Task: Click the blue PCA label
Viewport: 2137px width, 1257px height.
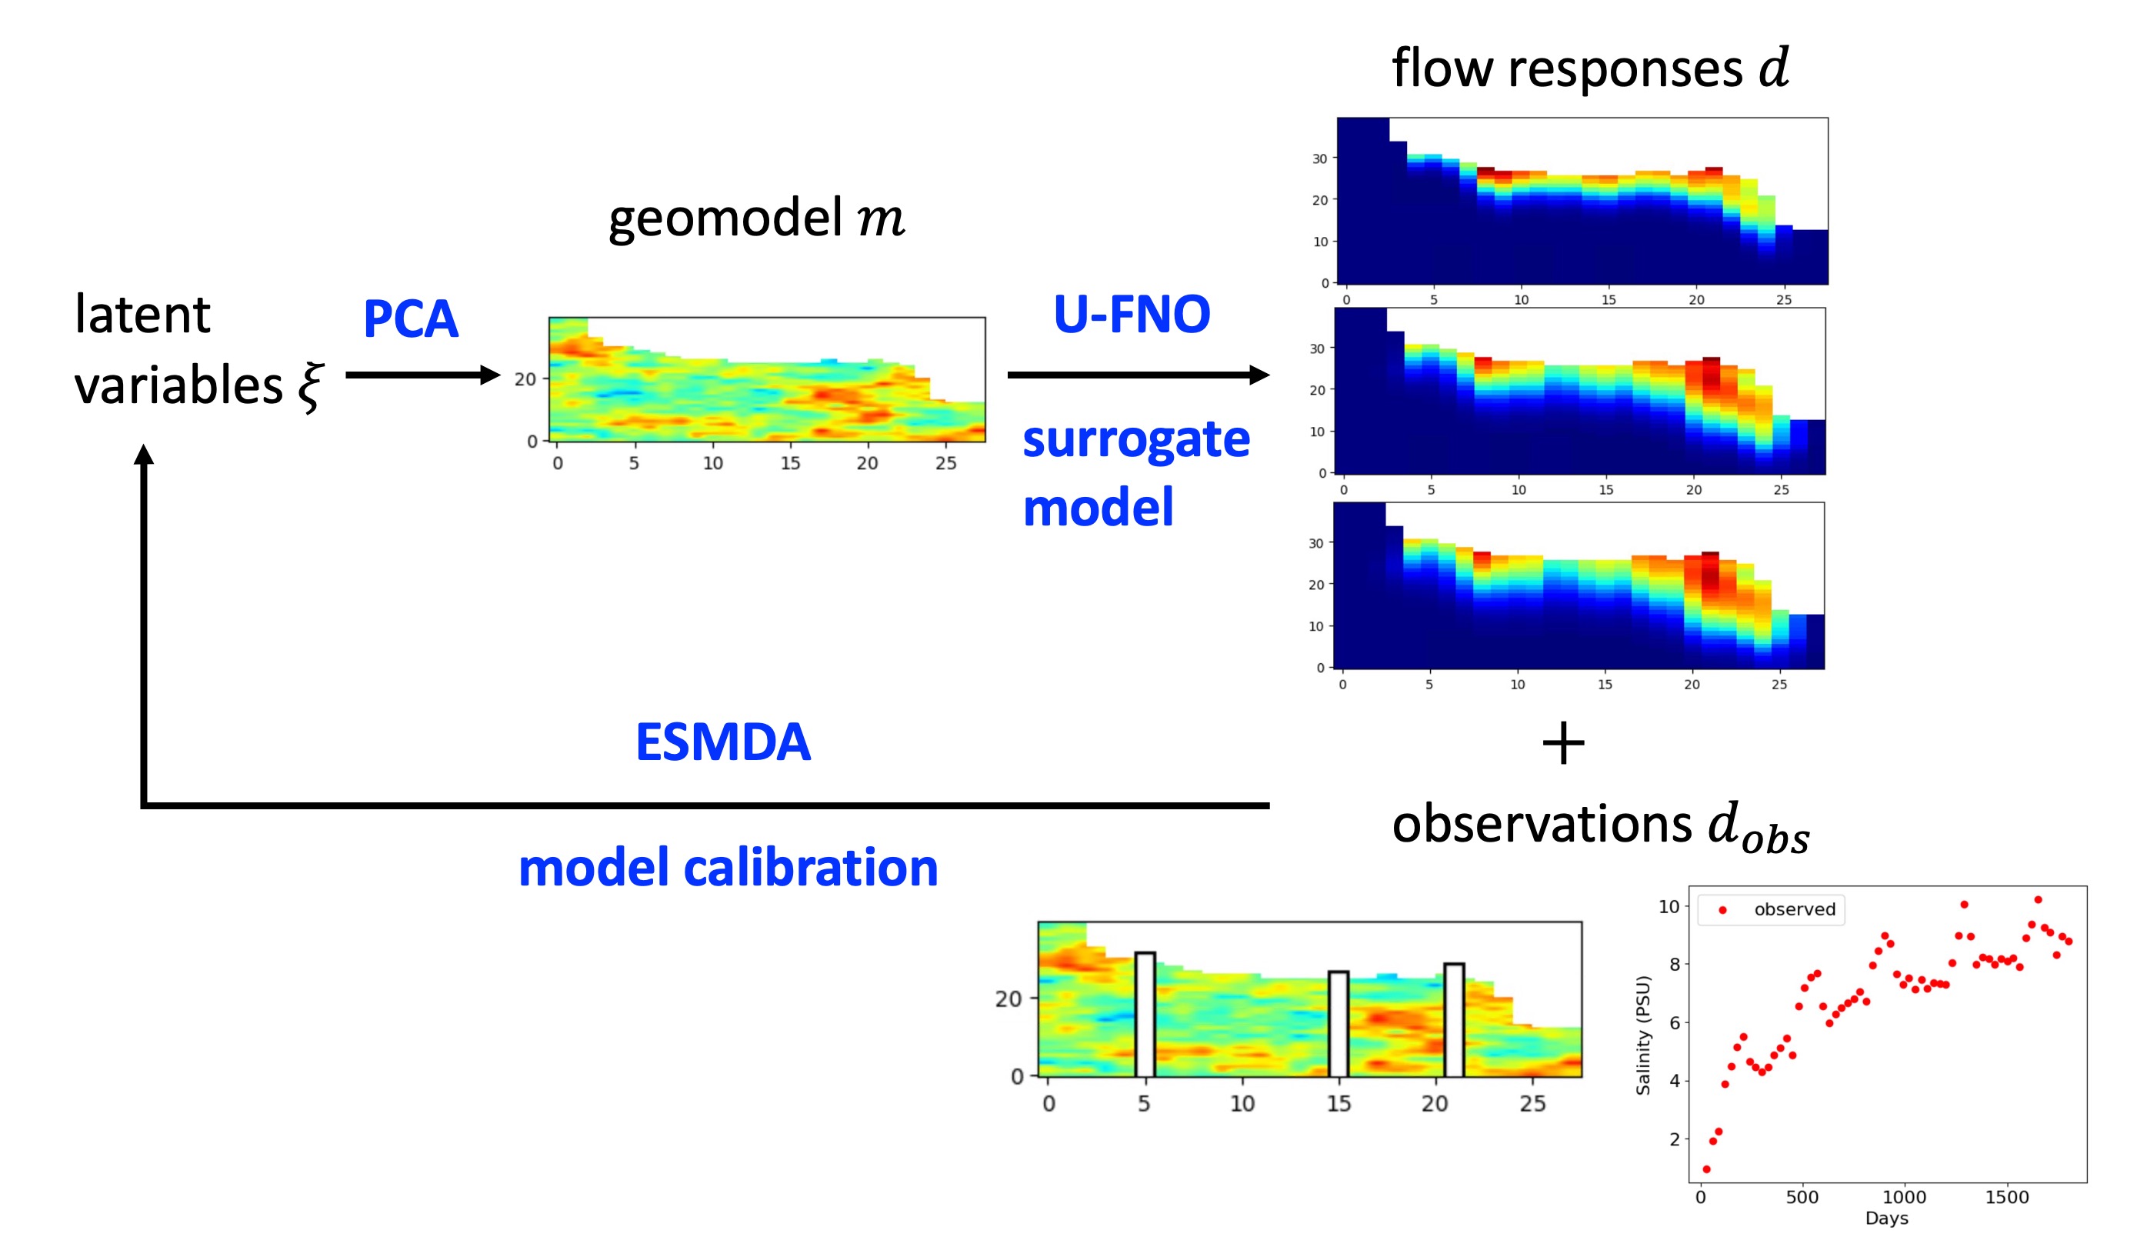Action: click(411, 319)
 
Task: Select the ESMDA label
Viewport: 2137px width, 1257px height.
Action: click(722, 742)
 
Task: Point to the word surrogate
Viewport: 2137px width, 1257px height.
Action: click(1135, 439)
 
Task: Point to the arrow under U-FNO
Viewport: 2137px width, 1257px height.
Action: click(1136, 374)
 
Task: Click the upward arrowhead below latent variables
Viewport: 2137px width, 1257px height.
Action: click(144, 455)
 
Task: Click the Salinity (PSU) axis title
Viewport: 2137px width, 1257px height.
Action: click(1643, 1035)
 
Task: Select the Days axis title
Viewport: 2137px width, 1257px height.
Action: click(1887, 1218)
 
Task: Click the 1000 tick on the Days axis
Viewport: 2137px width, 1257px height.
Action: click(1905, 1197)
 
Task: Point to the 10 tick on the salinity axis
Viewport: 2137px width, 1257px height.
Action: click(1668, 907)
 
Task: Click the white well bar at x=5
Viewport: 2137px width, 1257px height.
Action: click(1145, 1015)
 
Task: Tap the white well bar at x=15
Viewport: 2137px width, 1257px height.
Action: click(1339, 1024)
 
